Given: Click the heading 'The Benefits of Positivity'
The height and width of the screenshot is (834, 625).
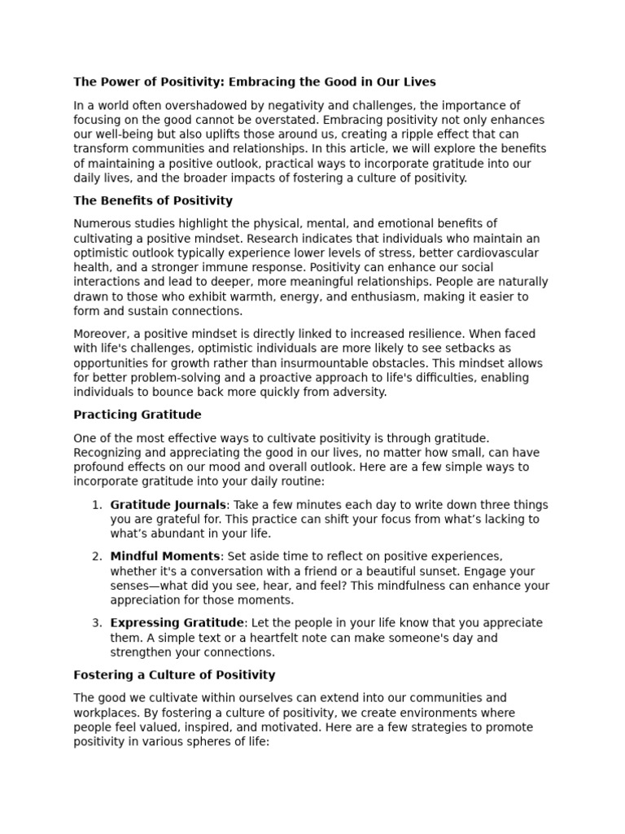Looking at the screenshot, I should [153, 200].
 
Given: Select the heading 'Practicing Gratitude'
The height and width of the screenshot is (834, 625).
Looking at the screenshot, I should [138, 415].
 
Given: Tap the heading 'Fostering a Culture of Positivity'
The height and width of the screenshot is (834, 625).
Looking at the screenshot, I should [174, 675].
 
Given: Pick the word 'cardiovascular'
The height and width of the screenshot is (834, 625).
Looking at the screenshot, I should [503, 253].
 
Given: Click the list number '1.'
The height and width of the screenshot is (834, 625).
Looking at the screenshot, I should [97, 505].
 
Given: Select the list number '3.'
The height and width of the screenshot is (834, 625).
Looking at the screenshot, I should [97, 623].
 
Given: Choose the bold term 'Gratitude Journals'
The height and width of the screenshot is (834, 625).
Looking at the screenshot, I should [168, 505].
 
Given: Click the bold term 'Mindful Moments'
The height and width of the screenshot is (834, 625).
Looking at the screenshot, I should [165, 556].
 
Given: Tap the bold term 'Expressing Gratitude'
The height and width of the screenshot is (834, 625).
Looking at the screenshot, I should [177, 623].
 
